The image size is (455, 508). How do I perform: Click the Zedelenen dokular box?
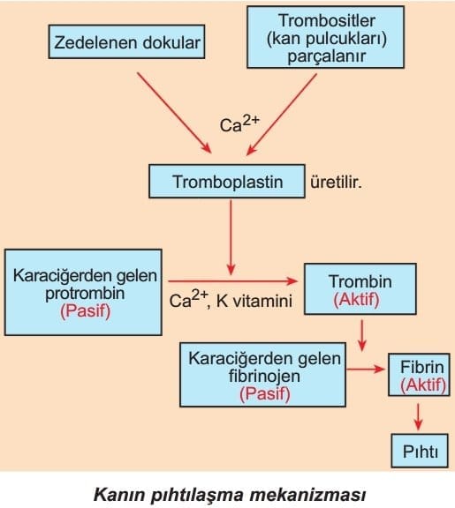tap(126, 41)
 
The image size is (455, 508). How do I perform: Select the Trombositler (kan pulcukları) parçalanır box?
tap(325, 37)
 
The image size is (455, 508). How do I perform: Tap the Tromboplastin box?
tap(227, 181)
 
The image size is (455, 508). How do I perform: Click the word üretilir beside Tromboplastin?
tap(336, 183)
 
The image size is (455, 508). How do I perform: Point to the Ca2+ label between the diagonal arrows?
tap(239, 124)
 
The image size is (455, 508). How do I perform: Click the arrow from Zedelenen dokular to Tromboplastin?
tap(174, 113)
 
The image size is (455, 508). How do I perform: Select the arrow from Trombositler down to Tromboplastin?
tap(281, 115)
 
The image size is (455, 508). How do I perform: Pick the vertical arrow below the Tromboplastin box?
tap(231, 237)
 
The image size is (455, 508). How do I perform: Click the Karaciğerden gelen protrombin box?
tap(83, 292)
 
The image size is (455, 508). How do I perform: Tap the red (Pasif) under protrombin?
tap(86, 311)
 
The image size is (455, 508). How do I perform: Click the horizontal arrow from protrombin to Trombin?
tap(232, 281)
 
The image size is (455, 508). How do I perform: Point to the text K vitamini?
tap(254, 301)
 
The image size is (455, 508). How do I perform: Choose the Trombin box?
tap(360, 289)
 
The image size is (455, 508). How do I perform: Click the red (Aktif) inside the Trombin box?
tap(356, 299)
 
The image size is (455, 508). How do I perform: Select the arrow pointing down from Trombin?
tap(361, 336)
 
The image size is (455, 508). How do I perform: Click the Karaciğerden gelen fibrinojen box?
tap(263, 375)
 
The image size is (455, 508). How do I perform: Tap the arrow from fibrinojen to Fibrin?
tap(366, 369)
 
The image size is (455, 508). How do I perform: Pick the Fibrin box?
tap(420, 375)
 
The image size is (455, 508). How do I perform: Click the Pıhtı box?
tap(420, 451)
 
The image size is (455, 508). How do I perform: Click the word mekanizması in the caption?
tap(307, 495)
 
